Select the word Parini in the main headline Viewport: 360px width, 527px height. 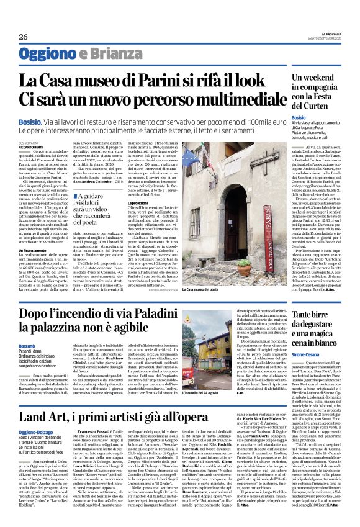(137, 80)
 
